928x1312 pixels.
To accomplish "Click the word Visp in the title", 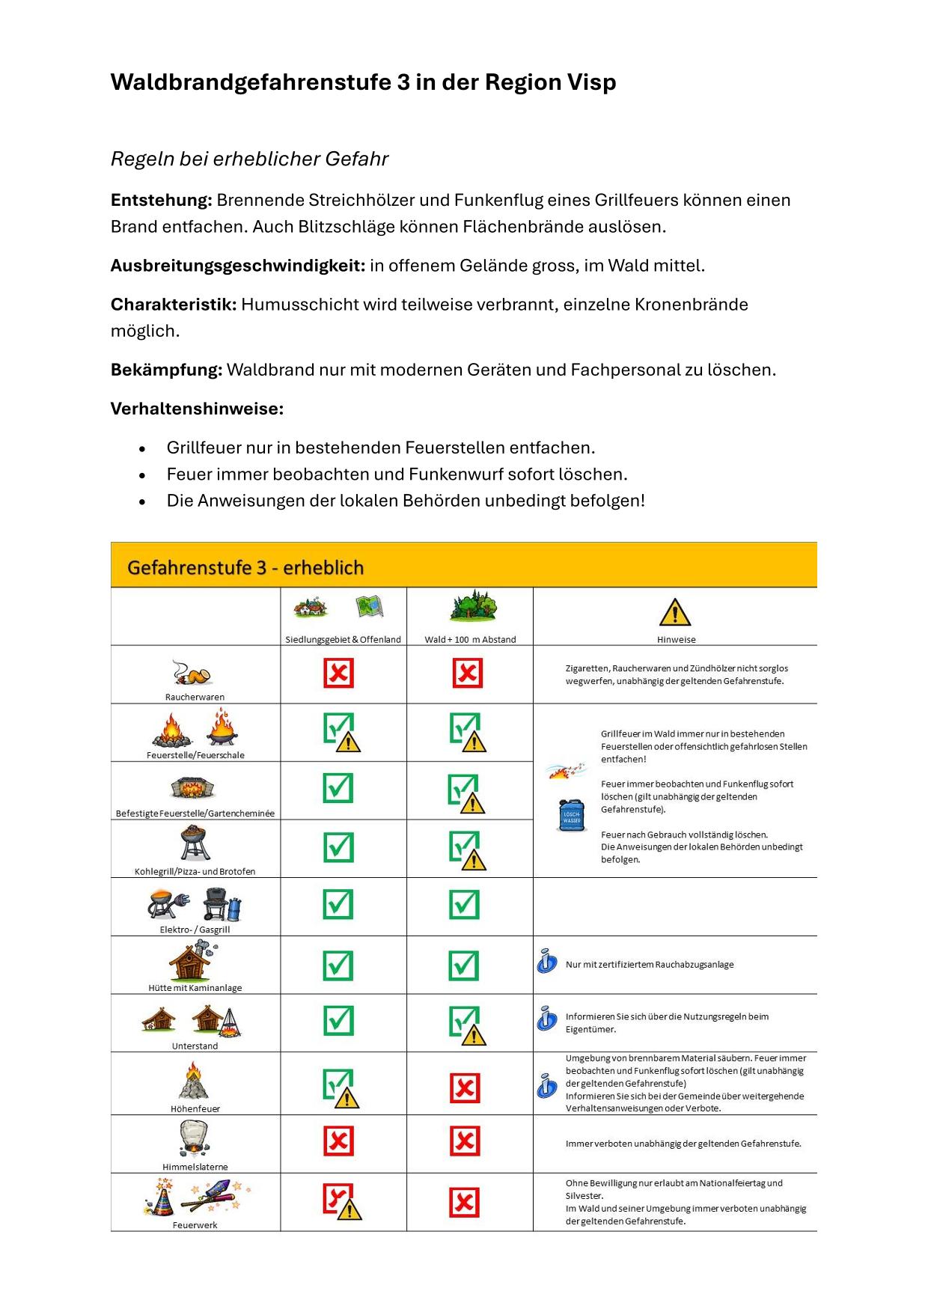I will coord(588,82).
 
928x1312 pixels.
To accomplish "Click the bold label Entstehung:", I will coord(162,201).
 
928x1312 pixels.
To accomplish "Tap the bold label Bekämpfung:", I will coord(166,370).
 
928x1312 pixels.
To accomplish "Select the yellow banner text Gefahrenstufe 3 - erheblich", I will coord(245,567).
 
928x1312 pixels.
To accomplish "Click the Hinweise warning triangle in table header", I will coord(675,612).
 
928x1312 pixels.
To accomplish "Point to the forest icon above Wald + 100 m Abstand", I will coord(474,607).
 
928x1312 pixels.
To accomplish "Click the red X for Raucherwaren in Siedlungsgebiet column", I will coord(338,673).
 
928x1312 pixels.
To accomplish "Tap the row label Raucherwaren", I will coord(195,697).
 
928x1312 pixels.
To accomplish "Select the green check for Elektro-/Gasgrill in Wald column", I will coord(464,904).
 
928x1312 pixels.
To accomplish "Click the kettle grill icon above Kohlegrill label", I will coord(195,843).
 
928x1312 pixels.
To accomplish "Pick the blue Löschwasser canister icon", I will coord(572,816).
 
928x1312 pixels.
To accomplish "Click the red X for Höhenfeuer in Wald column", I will coord(465,1087).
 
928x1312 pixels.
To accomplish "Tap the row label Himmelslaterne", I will coord(195,1167).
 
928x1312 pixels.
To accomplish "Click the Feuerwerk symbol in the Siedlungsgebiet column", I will coord(341,1202).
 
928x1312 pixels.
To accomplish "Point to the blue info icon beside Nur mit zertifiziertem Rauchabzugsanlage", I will coord(547,961).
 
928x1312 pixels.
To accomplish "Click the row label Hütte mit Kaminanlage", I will coord(195,988).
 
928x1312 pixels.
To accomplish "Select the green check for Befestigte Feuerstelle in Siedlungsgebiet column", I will coord(338,788).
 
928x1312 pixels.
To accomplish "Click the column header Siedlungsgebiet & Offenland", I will coord(343,640).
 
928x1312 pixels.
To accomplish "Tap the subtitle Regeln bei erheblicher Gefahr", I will coord(249,159).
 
